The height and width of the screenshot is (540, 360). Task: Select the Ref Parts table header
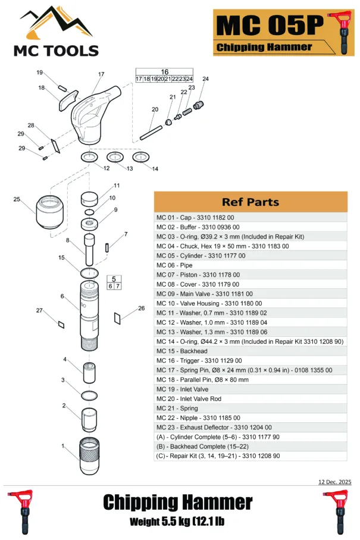click(x=250, y=202)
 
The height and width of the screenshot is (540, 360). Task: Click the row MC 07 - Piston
click(x=198, y=275)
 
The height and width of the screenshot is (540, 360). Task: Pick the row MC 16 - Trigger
click(x=199, y=360)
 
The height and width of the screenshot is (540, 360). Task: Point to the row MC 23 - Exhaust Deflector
click(x=214, y=427)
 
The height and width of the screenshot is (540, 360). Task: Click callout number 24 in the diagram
click(x=206, y=79)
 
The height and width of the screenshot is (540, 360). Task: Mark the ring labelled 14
click(x=140, y=157)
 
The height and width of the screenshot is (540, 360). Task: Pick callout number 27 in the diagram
click(x=39, y=310)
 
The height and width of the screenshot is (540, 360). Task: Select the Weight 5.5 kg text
click(x=177, y=522)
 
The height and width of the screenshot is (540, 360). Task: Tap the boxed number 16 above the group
click(x=165, y=72)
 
